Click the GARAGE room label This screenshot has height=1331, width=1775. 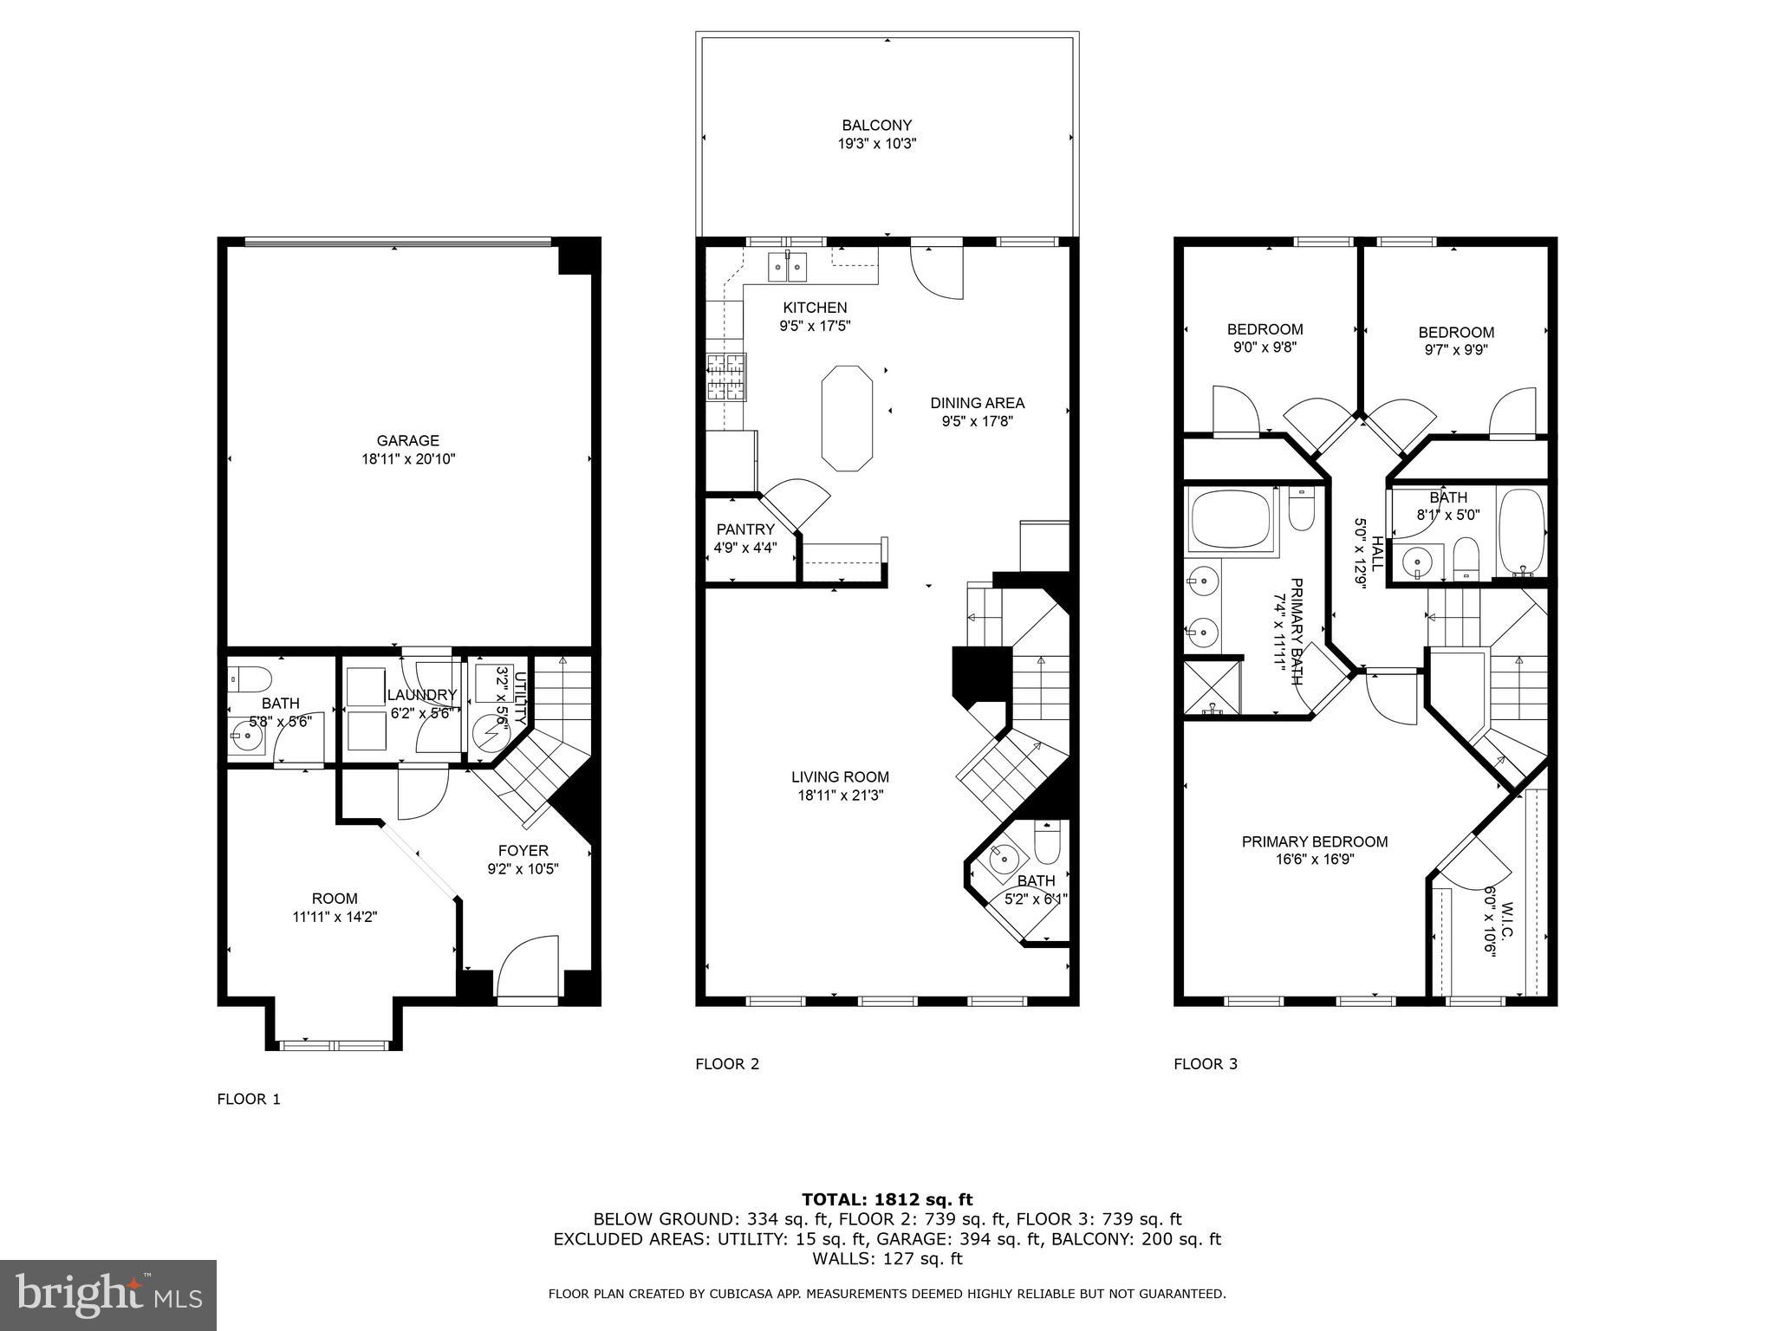click(x=407, y=440)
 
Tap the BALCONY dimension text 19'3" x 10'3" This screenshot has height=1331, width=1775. click(x=876, y=145)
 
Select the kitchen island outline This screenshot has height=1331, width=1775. click(x=847, y=419)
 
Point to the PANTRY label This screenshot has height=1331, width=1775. click(x=744, y=529)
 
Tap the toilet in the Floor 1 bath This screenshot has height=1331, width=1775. click(x=250, y=677)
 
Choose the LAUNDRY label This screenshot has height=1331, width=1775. click(x=421, y=695)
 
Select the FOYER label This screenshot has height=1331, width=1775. click(x=523, y=851)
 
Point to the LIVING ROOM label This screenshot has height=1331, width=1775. click(x=840, y=777)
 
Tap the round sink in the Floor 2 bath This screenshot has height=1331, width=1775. click(x=1005, y=858)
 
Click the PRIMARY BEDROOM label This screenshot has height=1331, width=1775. click(x=1314, y=841)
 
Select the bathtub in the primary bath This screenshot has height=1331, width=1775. click(x=1231, y=520)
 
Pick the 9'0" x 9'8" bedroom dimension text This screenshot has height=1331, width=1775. click(x=1265, y=347)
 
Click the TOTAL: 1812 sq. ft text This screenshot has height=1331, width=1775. click(x=887, y=1199)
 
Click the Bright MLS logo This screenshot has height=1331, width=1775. click(x=108, y=1295)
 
